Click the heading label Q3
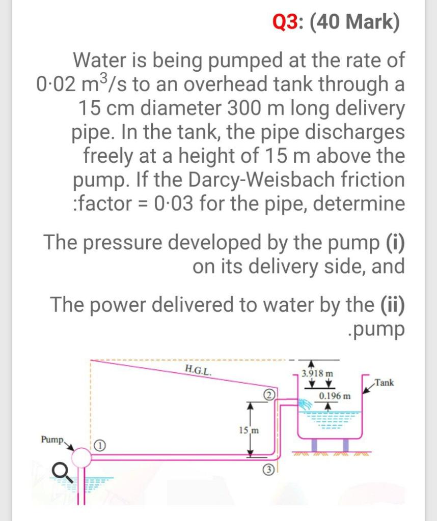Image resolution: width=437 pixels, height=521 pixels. (288, 23)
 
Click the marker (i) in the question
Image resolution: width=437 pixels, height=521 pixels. (393, 242)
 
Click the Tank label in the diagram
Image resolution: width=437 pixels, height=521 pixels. (384, 383)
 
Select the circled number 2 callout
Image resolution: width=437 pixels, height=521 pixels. (269, 395)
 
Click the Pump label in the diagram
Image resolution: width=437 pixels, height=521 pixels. (52, 439)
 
